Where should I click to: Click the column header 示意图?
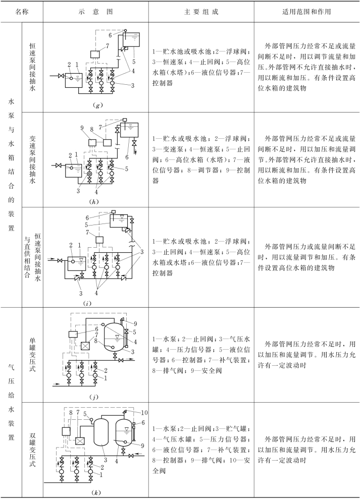pyautogui.click(x=95, y=11)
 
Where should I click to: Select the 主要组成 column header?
pyautogui.click(x=200, y=11)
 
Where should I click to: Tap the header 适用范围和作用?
pyautogui.click(x=306, y=11)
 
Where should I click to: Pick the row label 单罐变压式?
pyautogui.click(x=32, y=347)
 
